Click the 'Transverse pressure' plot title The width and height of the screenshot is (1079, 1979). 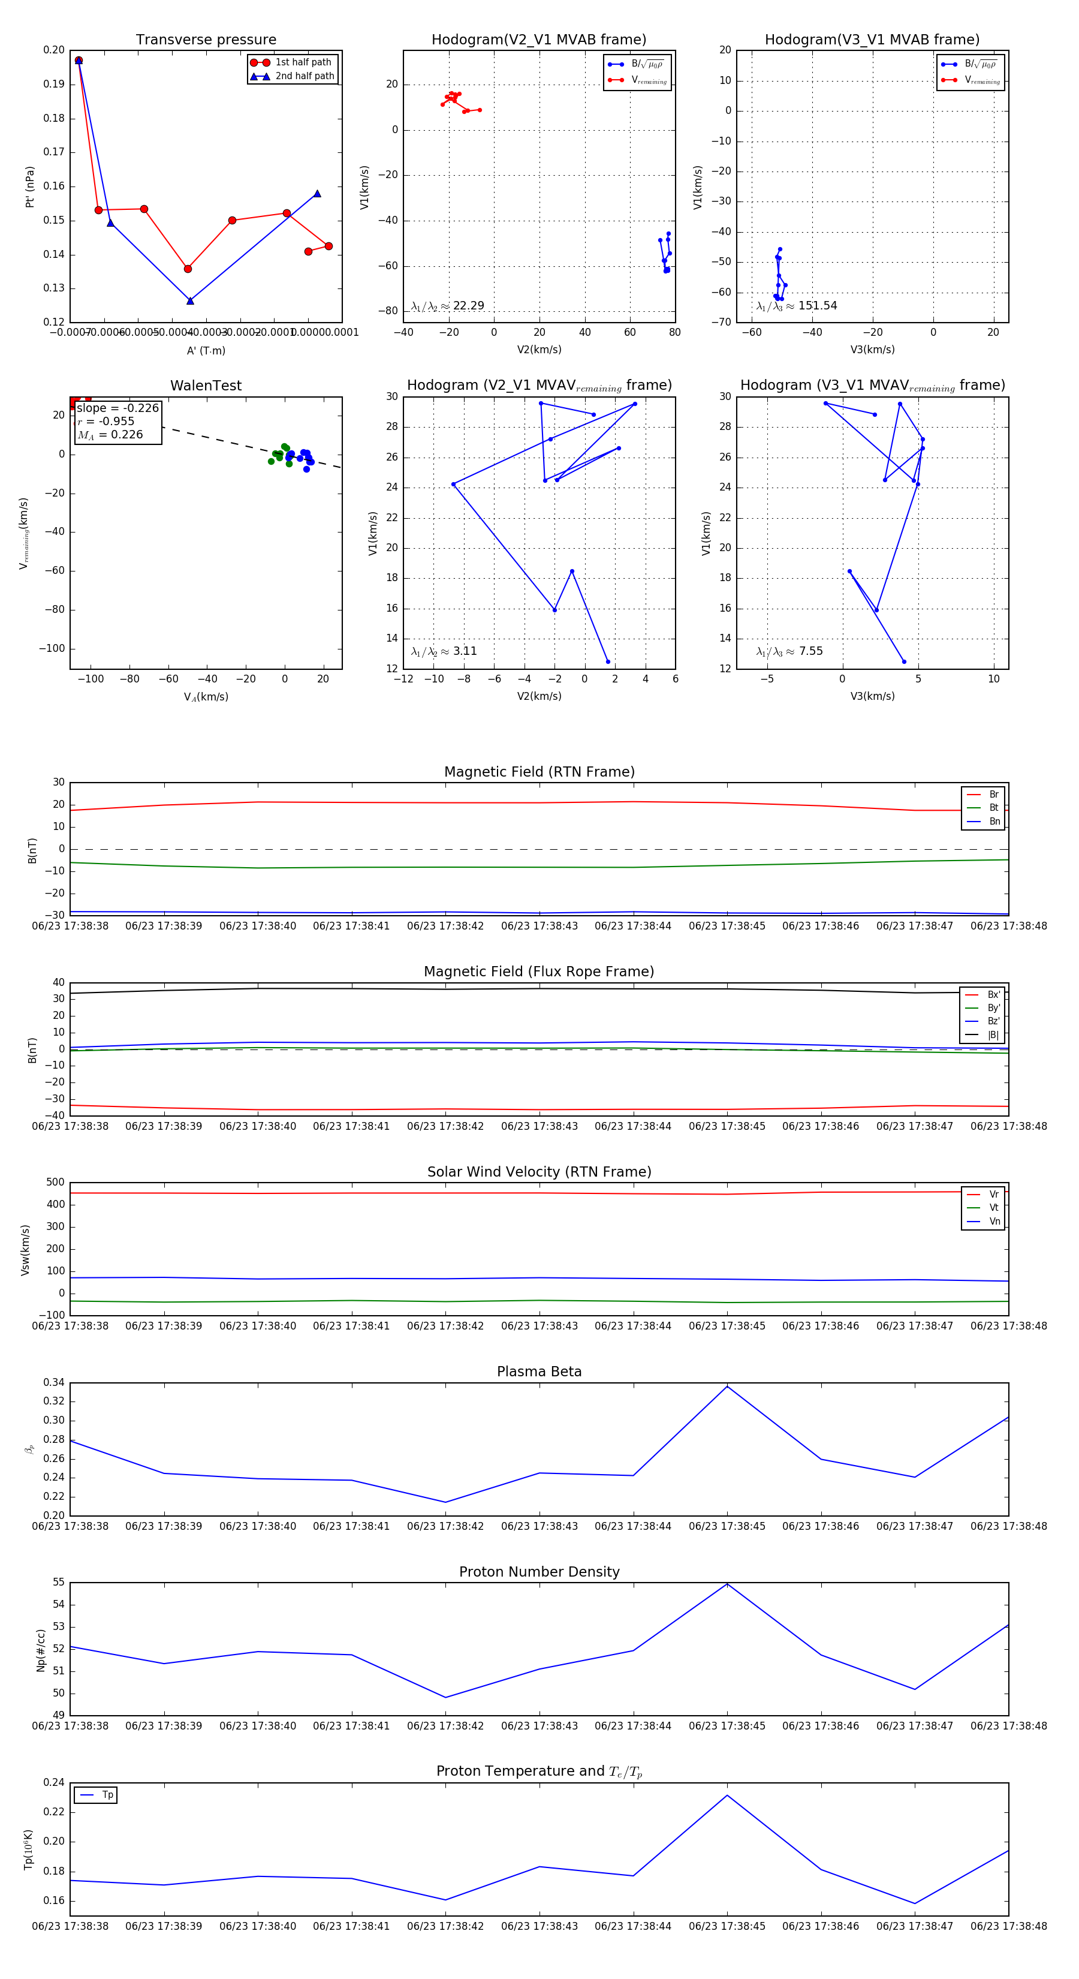[x=206, y=40]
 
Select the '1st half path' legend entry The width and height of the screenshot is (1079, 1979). [x=303, y=62]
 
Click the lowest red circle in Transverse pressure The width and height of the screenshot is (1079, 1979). [x=188, y=269]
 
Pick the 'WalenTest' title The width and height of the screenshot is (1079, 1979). [x=206, y=386]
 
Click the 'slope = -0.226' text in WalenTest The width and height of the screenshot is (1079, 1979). [x=117, y=408]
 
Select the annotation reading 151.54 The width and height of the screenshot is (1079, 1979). [x=817, y=306]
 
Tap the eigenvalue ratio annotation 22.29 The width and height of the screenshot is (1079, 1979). [x=468, y=306]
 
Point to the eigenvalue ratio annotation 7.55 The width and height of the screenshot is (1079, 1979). [x=810, y=651]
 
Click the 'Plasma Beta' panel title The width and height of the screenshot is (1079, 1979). [x=539, y=1372]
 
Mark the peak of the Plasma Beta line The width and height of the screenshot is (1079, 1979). [x=727, y=1386]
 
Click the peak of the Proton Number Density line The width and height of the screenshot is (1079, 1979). [x=727, y=1584]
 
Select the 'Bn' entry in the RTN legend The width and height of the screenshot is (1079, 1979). [x=994, y=821]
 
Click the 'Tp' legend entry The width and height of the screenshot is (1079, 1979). [x=107, y=1795]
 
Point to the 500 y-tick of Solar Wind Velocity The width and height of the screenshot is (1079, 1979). [x=55, y=1183]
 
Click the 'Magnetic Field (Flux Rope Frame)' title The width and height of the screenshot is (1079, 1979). [x=539, y=972]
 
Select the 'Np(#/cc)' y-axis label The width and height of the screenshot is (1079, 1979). [x=41, y=1650]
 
